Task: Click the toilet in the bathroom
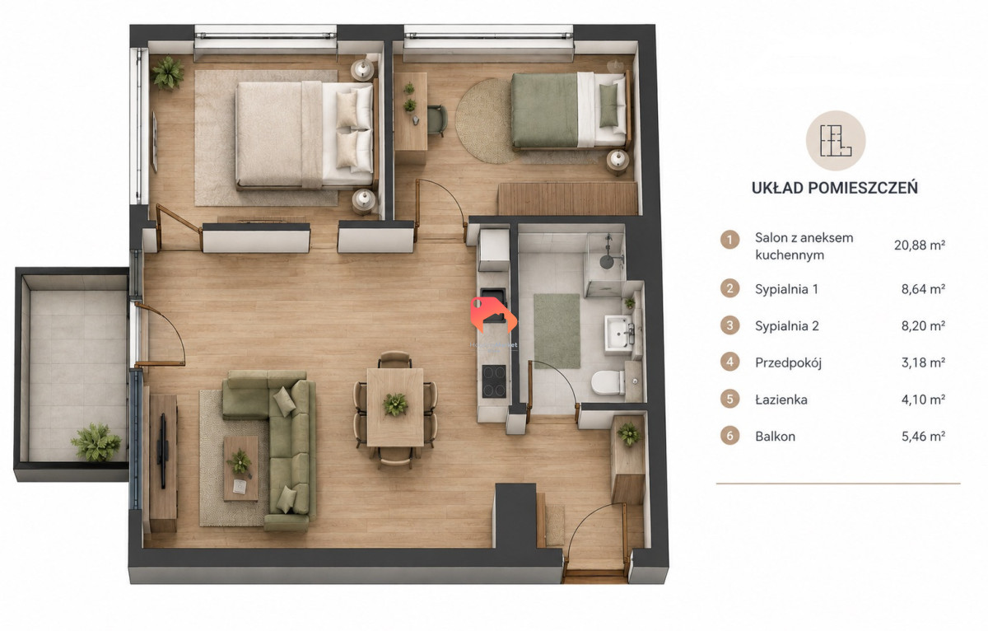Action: (608, 382)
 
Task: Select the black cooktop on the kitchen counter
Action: (494, 381)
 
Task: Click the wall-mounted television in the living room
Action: (163, 451)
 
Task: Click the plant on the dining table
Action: (395, 404)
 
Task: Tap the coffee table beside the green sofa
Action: (240, 469)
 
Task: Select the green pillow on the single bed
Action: (608, 105)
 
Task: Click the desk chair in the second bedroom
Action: (437, 120)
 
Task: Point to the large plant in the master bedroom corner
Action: (168, 72)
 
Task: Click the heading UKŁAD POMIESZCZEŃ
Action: (835, 188)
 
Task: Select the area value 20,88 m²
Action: (920, 245)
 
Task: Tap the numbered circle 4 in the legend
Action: (730, 362)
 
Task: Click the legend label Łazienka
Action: (781, 400)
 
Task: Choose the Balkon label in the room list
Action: (776, 437)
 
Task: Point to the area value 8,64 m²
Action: (923, 289)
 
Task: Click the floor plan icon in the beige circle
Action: (836, 141)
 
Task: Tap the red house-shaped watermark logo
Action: (493, 315)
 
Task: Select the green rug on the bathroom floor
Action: (557, 331)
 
